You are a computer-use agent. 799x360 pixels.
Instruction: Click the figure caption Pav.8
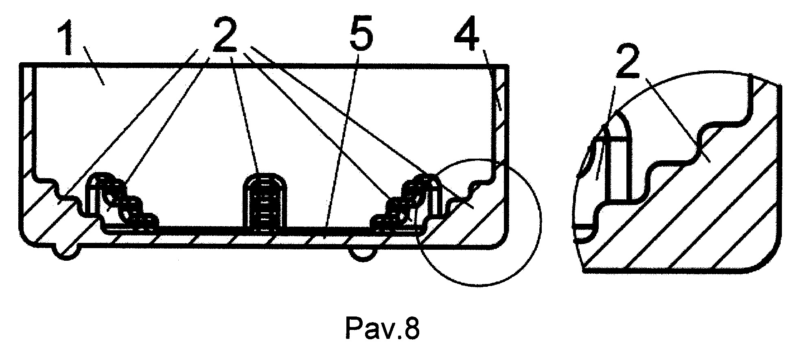[382, 328]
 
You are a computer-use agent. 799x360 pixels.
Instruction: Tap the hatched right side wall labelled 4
[501, 122]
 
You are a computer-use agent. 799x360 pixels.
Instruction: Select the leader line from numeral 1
[94, 65]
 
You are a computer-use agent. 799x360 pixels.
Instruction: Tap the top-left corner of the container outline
[21, 64]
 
